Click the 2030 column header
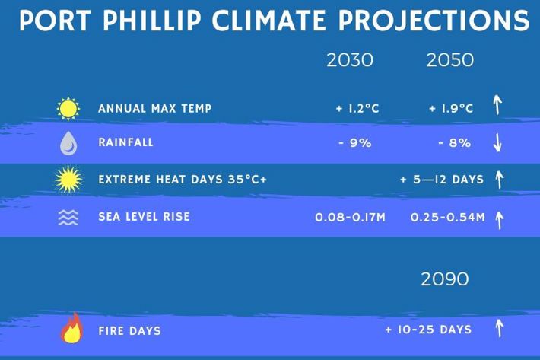point(350,60)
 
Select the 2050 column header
point(450,60)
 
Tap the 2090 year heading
point(445,279)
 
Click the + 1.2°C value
point(357,109)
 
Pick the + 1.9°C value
point(451,109)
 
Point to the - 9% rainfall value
point(355,142)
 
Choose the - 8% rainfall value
point(454,142)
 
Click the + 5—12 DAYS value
point(442,180)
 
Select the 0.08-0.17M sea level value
point(351,218)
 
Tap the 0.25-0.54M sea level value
point(448,218)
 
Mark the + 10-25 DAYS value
point(428,330)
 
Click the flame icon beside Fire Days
point(72,328)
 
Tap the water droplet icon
point(68,143)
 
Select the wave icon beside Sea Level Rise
point(68,218)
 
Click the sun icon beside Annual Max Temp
point(68,109)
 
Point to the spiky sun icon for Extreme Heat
point(69,180)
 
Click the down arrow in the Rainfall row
point(497,142)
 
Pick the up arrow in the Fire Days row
point(499,328)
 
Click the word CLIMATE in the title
point(268,20)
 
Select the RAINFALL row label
point(125,142)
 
